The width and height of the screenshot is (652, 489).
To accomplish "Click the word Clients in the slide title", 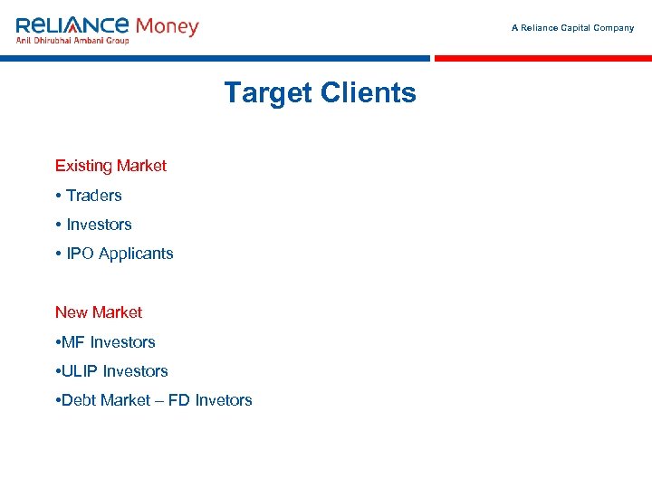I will coord(368,93).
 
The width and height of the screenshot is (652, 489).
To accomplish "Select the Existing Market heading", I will coord(110,166).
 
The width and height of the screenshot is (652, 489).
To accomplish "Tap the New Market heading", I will coord(99,312).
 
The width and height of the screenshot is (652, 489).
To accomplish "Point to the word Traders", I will coord(94,196).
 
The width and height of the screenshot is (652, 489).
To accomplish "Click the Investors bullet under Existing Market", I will coord(99,225).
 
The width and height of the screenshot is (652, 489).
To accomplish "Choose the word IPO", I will coord(80,254).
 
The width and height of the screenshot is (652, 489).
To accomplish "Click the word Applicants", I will coord(135,254).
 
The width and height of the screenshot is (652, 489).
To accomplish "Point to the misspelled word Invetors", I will coord(224,400).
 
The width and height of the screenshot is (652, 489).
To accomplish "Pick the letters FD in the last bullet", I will coord(179,400).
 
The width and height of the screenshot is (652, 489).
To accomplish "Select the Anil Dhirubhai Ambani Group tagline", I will coord(72,40).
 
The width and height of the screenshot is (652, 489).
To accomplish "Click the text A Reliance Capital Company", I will coord(572,28).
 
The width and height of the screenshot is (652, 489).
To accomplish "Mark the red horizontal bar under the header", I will coord(543,58).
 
